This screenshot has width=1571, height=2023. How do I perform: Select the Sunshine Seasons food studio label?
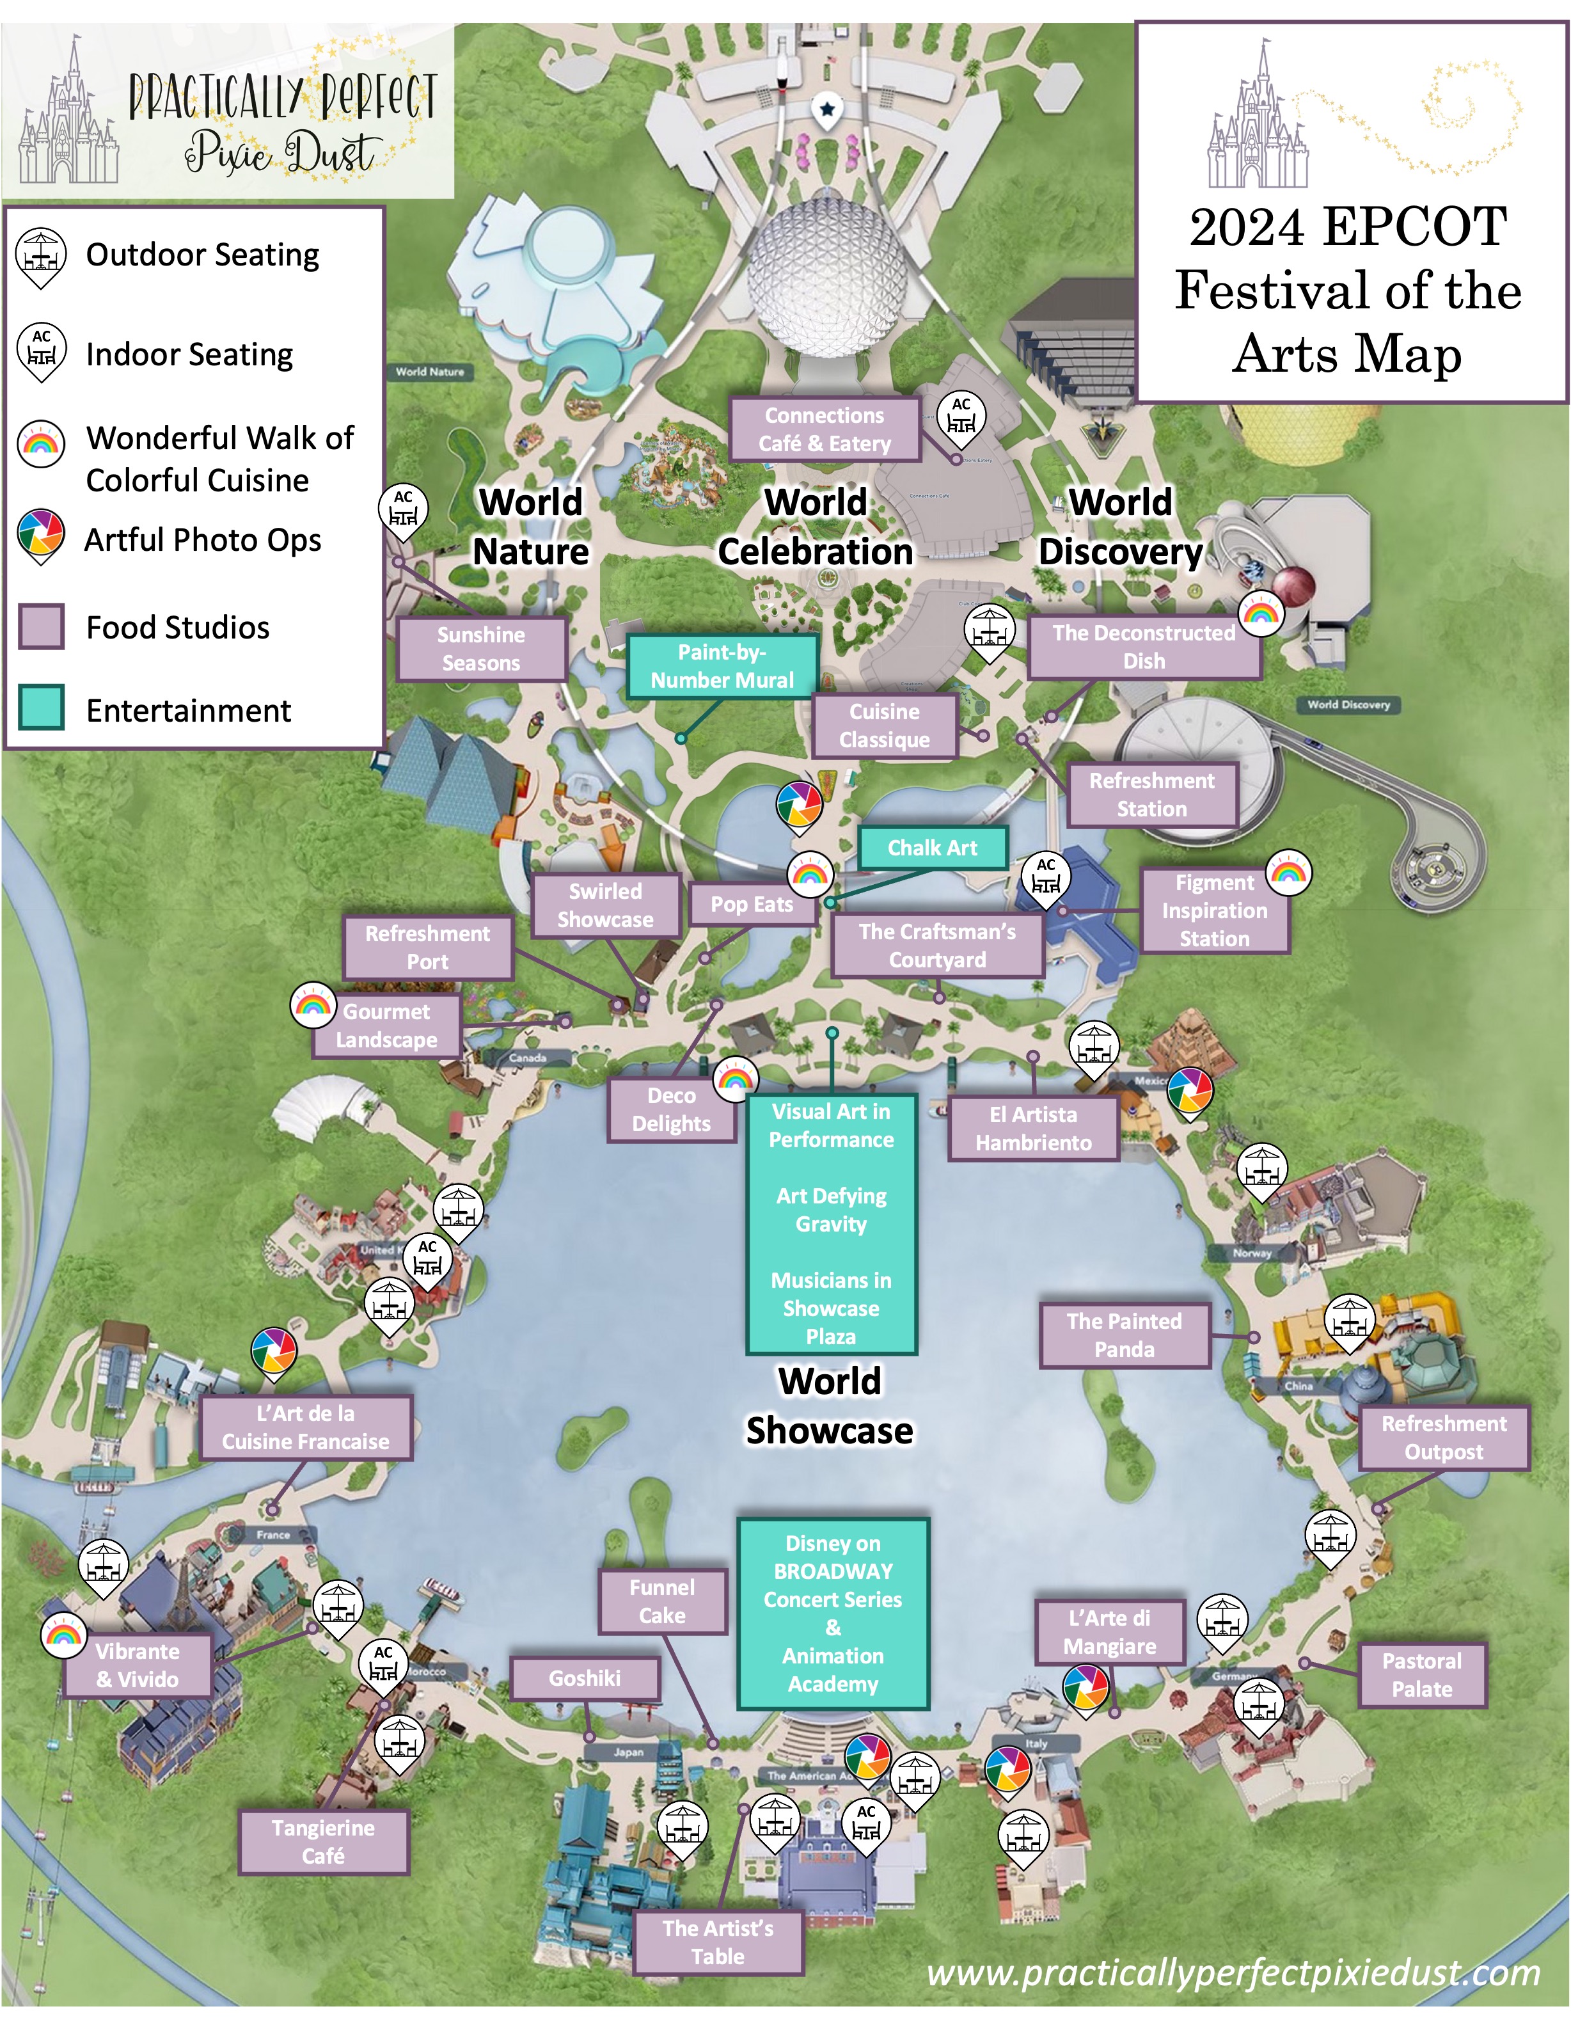481,648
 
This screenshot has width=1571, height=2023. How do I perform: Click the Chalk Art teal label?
932,848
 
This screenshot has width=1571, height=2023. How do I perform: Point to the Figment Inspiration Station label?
1213,910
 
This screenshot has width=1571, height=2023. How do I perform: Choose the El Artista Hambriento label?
1033,1128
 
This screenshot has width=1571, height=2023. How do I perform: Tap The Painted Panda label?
1124,1335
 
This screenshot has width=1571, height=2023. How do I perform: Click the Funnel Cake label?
661,1601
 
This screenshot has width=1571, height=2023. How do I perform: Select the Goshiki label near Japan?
585,1678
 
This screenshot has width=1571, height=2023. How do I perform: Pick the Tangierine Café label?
322,1841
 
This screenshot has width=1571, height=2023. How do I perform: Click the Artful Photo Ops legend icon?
41,535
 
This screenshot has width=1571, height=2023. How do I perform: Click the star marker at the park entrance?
826,110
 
